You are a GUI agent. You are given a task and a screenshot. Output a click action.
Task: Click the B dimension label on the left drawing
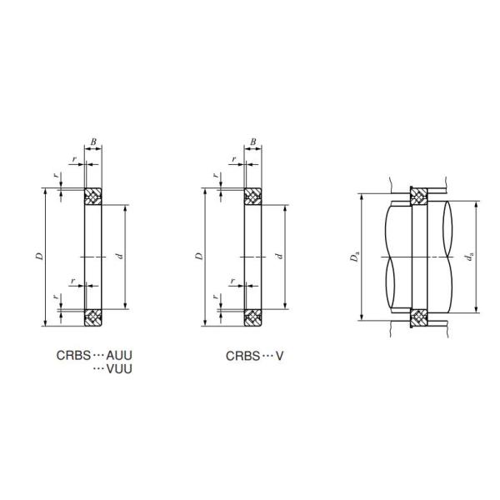coord(93,142)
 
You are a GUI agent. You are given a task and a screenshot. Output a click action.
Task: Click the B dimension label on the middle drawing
coord(252,142)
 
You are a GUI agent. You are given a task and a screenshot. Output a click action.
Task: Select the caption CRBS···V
coord(255,356)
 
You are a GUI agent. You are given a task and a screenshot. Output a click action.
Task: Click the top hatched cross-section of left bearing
coord(93,196)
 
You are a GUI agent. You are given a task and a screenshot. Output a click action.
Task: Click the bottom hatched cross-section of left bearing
coord(93,317)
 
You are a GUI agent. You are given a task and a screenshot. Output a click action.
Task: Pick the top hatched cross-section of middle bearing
coord(252,196)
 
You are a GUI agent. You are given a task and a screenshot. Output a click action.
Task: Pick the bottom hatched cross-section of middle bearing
coord(252,317)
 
